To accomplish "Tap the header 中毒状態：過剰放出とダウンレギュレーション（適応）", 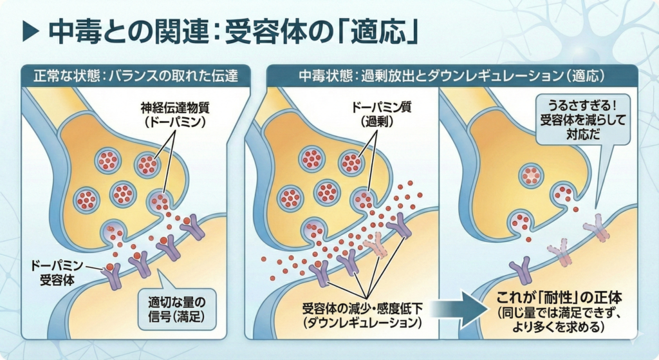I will coord(451,75).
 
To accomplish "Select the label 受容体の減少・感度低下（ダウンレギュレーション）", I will coord(363,312).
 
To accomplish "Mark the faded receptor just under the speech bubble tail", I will coord(596,231).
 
